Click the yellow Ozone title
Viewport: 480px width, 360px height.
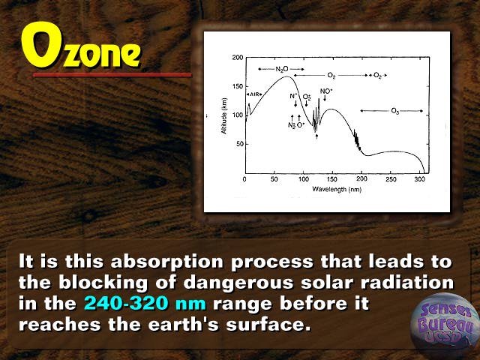pos(81,45)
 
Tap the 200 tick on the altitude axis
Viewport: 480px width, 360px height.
pos(238,58)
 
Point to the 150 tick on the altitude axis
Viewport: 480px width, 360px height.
pos(238,86)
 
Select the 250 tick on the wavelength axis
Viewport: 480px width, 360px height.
pos(391,179)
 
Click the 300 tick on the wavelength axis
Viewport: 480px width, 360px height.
pos(420,179)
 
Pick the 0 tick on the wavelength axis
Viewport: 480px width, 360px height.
pos(244,179)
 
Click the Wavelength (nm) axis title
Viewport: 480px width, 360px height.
pos(337,190)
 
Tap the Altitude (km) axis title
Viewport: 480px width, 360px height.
pos(224,116)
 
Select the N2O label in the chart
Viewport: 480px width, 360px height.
pos(282,69)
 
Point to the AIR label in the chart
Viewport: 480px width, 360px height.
pos(254,94)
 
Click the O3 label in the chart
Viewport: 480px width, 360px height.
pos(395,111)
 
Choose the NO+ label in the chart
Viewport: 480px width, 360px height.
pos(326,91)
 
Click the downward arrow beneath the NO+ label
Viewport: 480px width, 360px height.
pos(325,98)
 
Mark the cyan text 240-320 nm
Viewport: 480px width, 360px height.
pos(145,304)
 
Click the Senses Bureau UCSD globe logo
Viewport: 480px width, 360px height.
pos(445,325)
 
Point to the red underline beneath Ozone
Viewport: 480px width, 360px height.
pos(112,75)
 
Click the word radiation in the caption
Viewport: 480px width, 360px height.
pos(407,283)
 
